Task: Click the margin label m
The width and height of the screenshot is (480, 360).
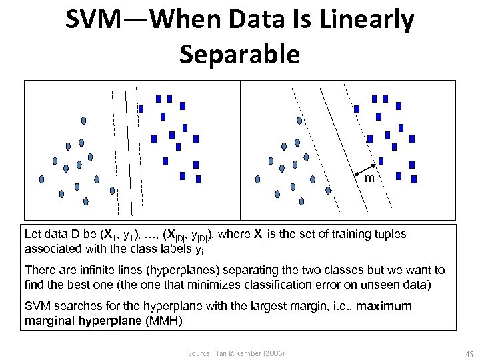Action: pos(369,179)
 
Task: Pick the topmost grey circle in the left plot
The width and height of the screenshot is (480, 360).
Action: pos(84,121)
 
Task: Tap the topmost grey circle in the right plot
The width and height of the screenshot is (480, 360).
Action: pos(300,121)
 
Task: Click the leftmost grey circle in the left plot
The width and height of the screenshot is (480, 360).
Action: pos(42,179)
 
